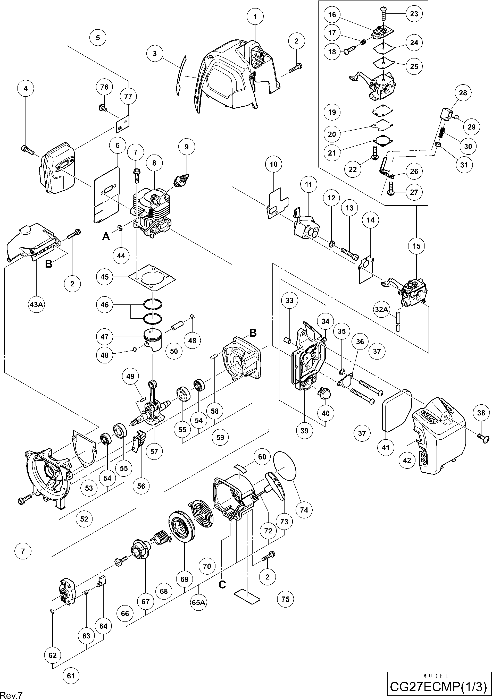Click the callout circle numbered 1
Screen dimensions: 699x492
click(x=255, y=17)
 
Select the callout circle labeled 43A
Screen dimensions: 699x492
click(x=36, y=304)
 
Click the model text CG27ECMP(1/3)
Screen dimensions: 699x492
click(x=439, y=687)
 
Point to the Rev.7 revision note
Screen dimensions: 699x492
click(x=12, y=694)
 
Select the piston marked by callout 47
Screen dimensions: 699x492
click(x=154, y=340)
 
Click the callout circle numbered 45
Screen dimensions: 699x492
click(x=104, y=277)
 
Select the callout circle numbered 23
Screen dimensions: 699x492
click(x=414, y=13)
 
